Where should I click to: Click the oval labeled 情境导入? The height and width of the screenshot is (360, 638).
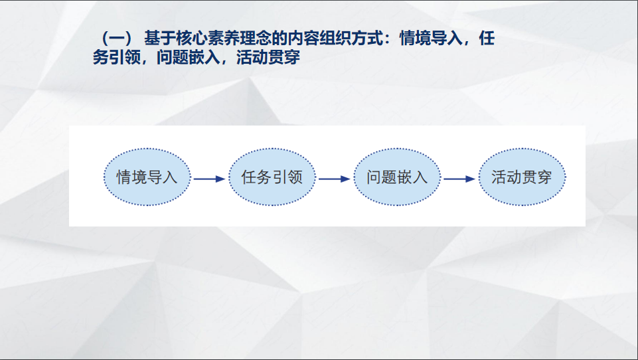[147, 177]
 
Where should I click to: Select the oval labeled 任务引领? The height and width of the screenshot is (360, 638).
[272, 177]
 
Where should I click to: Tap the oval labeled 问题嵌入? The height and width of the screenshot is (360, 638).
[396, 177]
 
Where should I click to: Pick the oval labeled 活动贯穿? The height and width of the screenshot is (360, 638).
[521, 177]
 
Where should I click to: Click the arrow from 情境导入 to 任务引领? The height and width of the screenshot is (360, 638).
[209, 178]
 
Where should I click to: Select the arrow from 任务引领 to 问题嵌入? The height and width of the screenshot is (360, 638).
[334, 178]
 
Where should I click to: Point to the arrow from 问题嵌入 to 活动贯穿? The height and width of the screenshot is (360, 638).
[459, 178]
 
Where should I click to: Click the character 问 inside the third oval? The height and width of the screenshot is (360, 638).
[374, 177]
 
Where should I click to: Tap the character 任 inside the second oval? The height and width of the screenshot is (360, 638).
[249, 177]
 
